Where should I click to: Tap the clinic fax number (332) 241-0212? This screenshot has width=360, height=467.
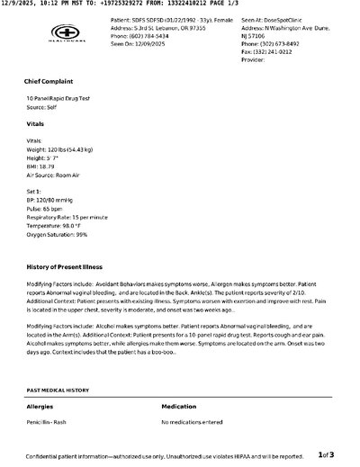tap(261, 52)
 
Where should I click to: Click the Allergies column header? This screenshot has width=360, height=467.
tap(40, 407)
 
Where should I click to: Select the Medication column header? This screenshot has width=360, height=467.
tap(179, 407)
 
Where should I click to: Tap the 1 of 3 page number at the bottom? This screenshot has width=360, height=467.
tap(326, 455)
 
